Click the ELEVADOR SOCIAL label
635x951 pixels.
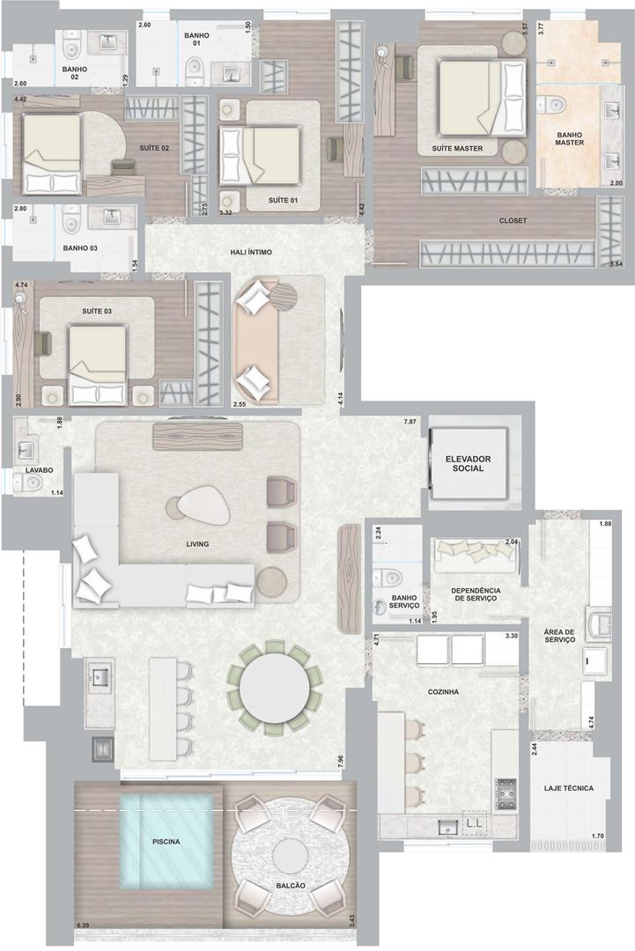click(x=468, y=463)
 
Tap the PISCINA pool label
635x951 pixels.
click(x=166, y=841)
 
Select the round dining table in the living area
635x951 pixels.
click(x=274, y=687)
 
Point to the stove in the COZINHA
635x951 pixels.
click(x=506, y=794)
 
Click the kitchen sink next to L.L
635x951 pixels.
click(x=448, y=825)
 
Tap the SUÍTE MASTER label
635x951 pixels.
click(x=457, y=148)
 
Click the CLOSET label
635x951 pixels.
click(x=513, y=221)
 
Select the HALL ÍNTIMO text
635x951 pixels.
click(x=251, y=253)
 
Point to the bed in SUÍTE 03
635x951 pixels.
click(x=100, y=365)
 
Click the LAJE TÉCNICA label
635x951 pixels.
click(x=569, y=788)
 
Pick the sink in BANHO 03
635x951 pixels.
click(x=111, y=217)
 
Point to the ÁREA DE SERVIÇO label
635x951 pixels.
click(x=560, y=636)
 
